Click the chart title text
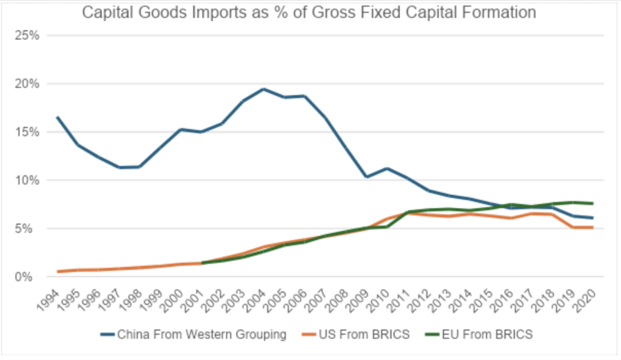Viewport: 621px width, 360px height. [x=309, y=12]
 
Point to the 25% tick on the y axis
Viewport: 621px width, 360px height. [x=27, y=35]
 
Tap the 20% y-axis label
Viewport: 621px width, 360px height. [x=27, y=84]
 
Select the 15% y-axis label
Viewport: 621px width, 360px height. [x=27, y=132]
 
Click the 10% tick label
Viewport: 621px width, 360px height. [x=27, y=181]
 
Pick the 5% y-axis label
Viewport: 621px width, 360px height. [x=29, y=229]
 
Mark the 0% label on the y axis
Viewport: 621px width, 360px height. [x=29, y=277]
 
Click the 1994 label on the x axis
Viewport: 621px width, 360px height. [x=50, y=298]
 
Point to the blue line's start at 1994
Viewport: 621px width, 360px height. [x=58, y=117]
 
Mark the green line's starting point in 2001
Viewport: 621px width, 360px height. [x=202, y=263]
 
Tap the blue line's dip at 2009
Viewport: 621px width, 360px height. [x=366, y=177]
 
